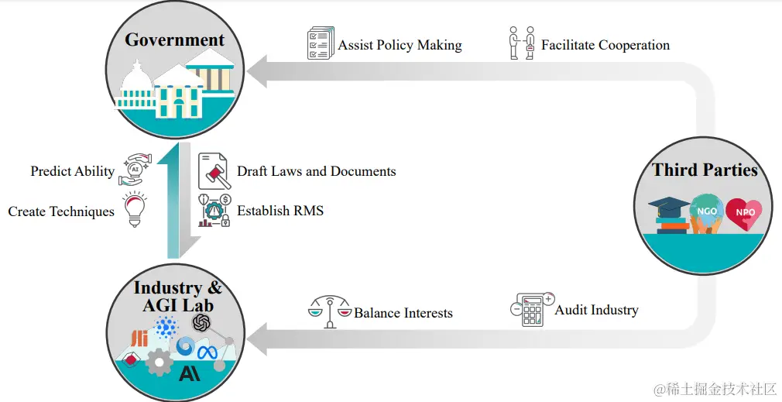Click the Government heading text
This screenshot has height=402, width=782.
(174, 40)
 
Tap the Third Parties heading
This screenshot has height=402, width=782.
(705, 170)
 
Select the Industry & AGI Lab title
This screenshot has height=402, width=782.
(177, 296)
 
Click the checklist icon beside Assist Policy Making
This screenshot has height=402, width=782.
(320, 43)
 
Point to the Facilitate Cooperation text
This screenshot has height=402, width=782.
(605, 45)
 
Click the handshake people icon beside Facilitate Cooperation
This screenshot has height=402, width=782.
(521, 43)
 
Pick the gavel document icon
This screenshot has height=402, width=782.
(214, 171)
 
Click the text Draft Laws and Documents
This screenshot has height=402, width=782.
(316, 171)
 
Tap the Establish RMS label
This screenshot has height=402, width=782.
(280, 210)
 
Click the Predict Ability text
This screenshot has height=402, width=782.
(72, 171)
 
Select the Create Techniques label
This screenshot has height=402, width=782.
(61, 211)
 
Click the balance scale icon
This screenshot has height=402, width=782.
(329, 311)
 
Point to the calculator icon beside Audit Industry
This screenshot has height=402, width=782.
(532, 309)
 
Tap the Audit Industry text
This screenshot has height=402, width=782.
(596, 310)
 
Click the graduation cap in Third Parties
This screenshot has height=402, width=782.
(669, 208)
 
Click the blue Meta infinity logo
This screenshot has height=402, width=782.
(208, 352)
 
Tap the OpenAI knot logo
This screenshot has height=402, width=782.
(202, 322)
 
